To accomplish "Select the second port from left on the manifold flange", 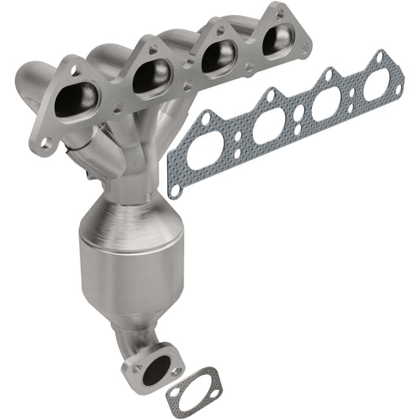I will pos(151,75).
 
